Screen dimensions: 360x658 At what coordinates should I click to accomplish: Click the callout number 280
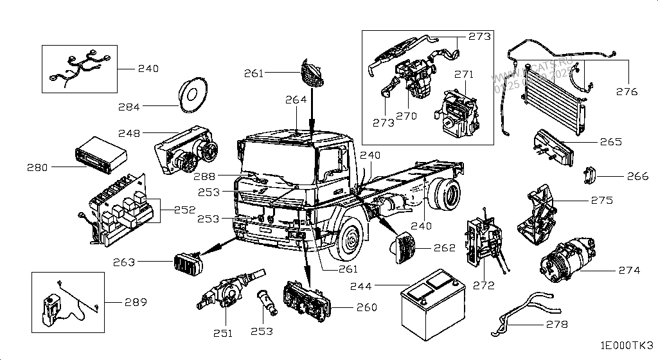[x=39, y=168]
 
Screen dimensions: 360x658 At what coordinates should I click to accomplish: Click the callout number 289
[x=134, y=302]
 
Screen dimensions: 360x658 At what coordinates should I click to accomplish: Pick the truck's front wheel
[x=351, y=244]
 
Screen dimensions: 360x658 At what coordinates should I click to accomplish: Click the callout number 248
[x=130, y=133]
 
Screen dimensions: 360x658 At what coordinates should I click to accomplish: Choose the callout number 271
[x=464, y=75]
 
